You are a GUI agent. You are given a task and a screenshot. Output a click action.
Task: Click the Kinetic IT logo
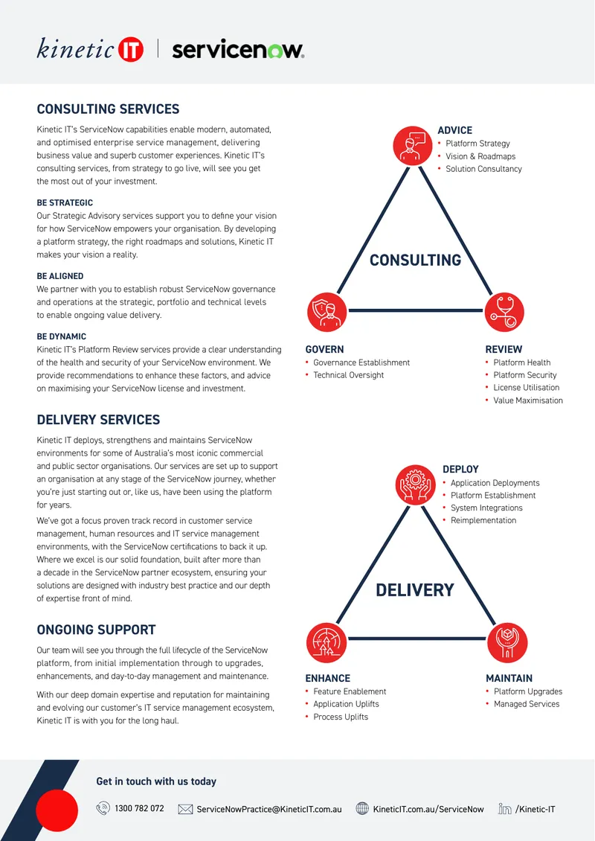pos(90,49)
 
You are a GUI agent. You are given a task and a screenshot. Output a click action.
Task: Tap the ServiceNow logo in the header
pos(238,50)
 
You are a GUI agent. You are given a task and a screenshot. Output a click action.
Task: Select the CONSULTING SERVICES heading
pos(108,109)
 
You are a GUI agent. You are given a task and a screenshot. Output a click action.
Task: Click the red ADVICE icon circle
pos(412,145)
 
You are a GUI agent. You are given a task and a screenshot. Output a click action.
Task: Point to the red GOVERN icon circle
pos(327,312)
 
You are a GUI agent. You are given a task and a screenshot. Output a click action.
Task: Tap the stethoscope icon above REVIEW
pos(504,312)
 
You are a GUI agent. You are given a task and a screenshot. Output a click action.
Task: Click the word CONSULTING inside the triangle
pos(416,260)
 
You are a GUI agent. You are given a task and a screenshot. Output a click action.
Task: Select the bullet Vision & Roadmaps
pos(480,156)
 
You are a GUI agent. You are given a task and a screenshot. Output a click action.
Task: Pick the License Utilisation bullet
pos(527,387)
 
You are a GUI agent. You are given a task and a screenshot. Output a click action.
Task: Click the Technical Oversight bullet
pos(348,375)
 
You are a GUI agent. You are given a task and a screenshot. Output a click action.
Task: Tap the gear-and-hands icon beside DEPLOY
pos(416,485)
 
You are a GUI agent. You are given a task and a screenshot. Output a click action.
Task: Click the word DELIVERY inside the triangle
pos(415,590)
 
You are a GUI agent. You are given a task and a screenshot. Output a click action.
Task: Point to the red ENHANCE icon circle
pos(327,642)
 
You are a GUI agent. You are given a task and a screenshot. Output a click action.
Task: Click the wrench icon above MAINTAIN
pos(507,642)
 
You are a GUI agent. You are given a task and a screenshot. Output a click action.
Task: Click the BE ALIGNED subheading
pos(60,276)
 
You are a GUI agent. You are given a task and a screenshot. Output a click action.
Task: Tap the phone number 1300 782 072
pos(139,808)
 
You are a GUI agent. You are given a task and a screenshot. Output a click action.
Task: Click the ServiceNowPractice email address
pos(269,809)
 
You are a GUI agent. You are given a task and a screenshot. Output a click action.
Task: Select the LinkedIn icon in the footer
pos(504,808)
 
